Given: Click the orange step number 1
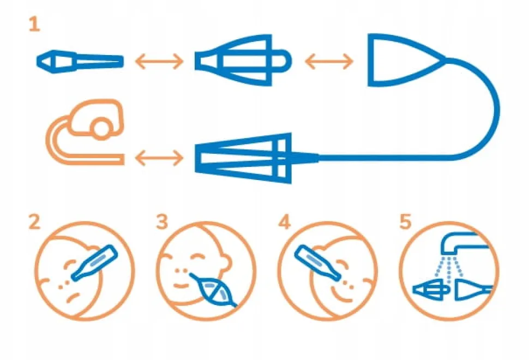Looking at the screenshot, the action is click(34, 25).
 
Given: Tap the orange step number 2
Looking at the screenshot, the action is click(34, 221).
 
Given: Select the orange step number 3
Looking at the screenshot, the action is click(163, 221).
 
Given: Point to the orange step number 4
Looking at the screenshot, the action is click(284, 221).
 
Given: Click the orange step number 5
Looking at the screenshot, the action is click(405, 221).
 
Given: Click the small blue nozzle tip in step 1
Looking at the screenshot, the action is click(80, 62).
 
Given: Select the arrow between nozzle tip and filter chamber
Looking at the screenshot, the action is click(159, 62).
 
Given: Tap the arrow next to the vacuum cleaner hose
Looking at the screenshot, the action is click(159, 157).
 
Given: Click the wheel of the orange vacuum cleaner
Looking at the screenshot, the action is click(101, 129).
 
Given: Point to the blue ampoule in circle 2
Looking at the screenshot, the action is click(95, 263).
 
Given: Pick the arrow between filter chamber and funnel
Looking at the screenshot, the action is click(329, 62).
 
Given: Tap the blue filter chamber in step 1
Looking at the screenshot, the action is click(243, 60).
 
